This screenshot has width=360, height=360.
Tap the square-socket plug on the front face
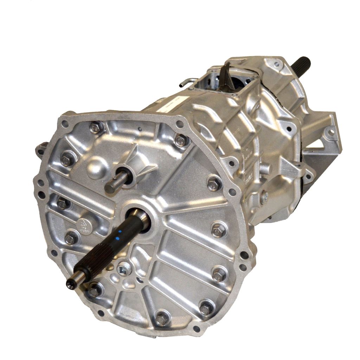[x=124, y=269]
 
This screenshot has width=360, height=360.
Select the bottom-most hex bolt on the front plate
[x=161, y=319]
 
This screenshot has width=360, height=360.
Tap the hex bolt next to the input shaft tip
[x=94, y=290]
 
